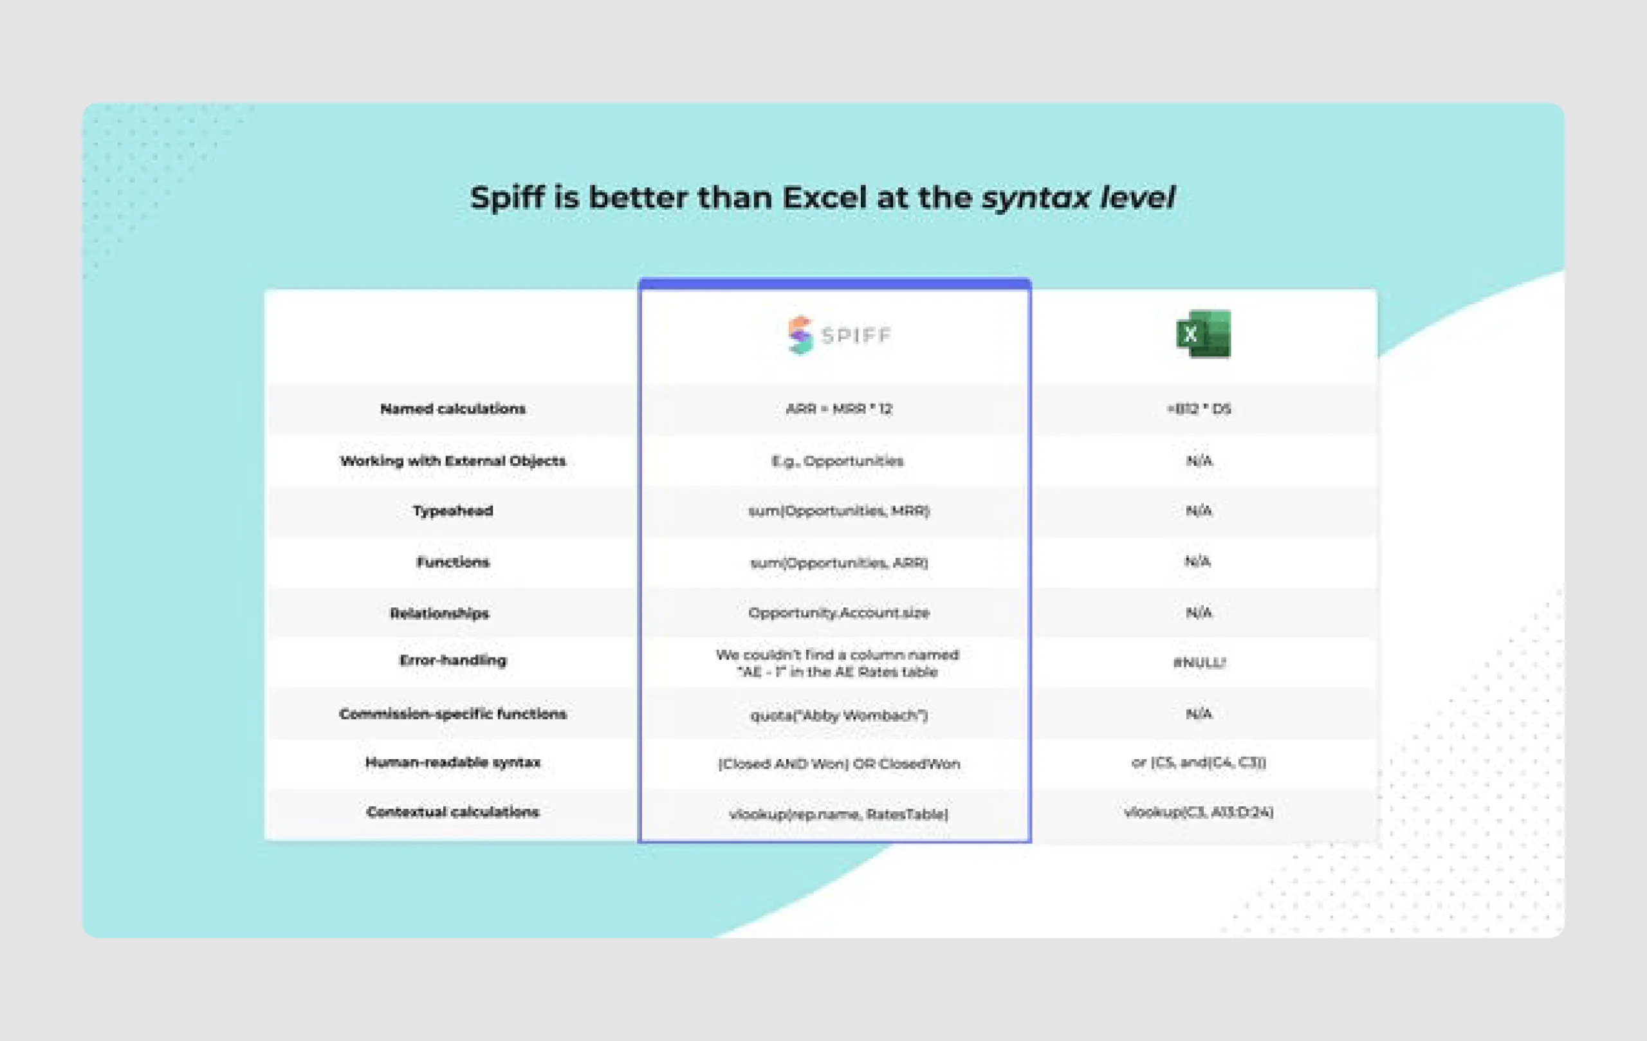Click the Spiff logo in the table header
pyautogui.click(x=838, y=335)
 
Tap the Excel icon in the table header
pyautogui.click(x=1203, y=334)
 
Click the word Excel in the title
pyautogui.click(x=825, y=198)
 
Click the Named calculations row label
pyautogui.click(x=453, y=409)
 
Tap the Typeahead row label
pyautogui.click(x=453, y=511)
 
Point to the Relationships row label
pyautogui.click(x=439, y=613)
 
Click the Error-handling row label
pyautogui.click(x=453, y=660)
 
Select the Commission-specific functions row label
pyautogui.click(x=453, y=714)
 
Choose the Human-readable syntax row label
pyautogui.click(x=453, y=762)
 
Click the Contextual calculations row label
pyautogui.click(x=453, y=812)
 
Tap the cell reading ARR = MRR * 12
pyautogui.click(x=838, y=409)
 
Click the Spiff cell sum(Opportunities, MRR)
pyautogui.click(x=838, y=511)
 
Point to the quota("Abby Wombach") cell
pyautogui.click(x=838, y=715)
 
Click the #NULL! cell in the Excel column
pyautogui.click(x=1199, y=662)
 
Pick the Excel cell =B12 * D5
pyautogui.click(x=1199, y=409)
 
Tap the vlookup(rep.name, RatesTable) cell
pyautogui.click(x=838, y=814)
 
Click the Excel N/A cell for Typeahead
pyautogui.click(x=1199, y=511)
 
